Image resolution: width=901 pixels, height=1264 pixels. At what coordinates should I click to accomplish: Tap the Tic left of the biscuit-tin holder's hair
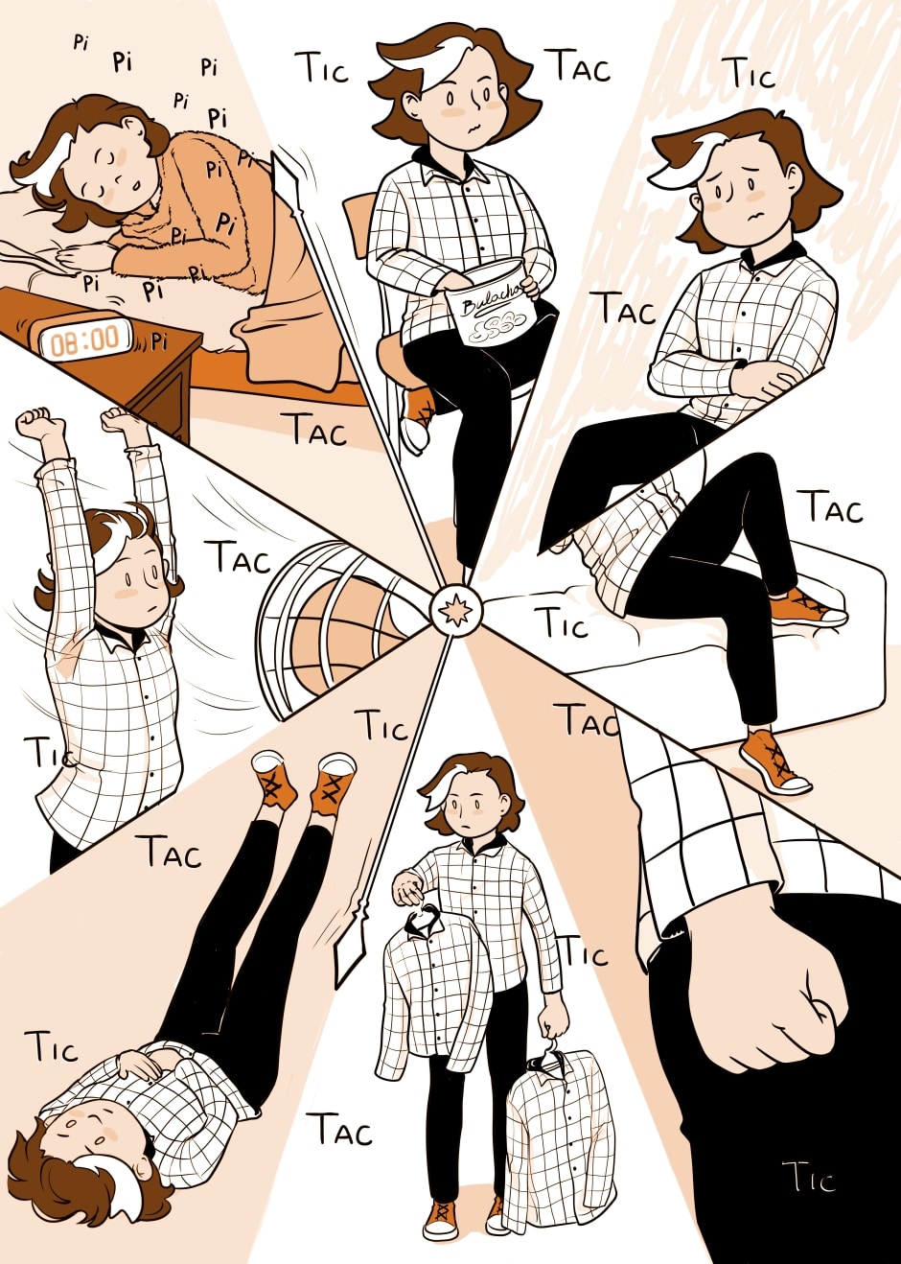[x=325, y=69]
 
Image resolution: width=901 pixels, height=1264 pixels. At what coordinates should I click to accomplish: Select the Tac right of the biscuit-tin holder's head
[x=581, y=66]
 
